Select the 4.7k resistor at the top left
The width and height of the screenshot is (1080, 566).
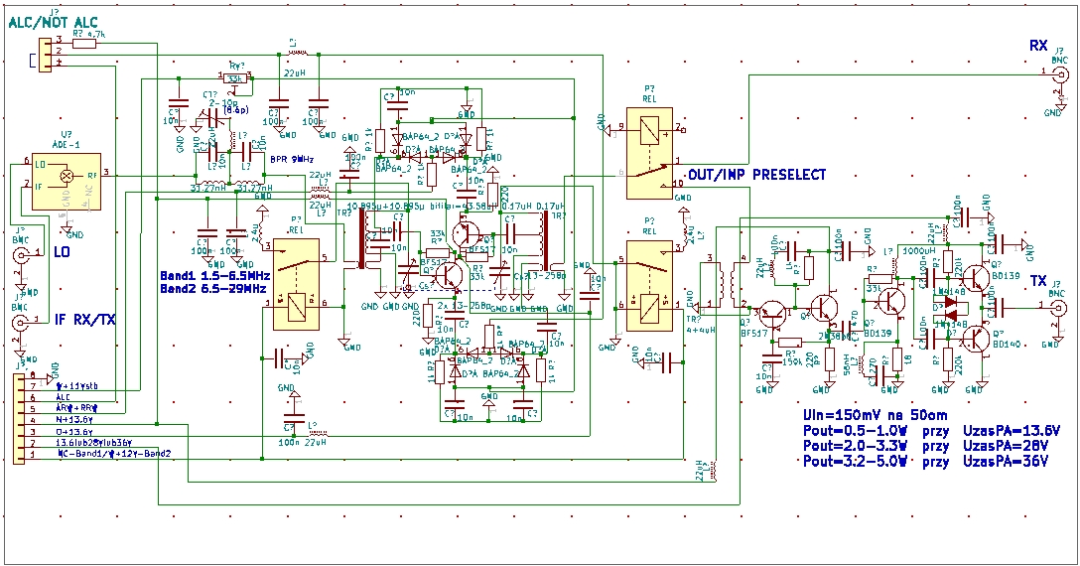pyautogui.click(x=84, y=43)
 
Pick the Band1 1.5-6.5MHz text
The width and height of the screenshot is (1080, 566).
pyautogui.click(x=212, y=274)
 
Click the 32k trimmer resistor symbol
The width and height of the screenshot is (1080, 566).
pyautogui.click(x=234, y=78)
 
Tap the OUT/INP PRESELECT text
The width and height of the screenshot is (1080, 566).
pyautogui.click(x=756, y=175)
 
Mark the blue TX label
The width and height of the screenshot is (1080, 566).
pyautogui.click(x=1038, y=280)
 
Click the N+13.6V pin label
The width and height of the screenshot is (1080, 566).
pyautogui.click(x=73, y=420)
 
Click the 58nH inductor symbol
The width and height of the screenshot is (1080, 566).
pyautogui.click(x=846, y=369)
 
